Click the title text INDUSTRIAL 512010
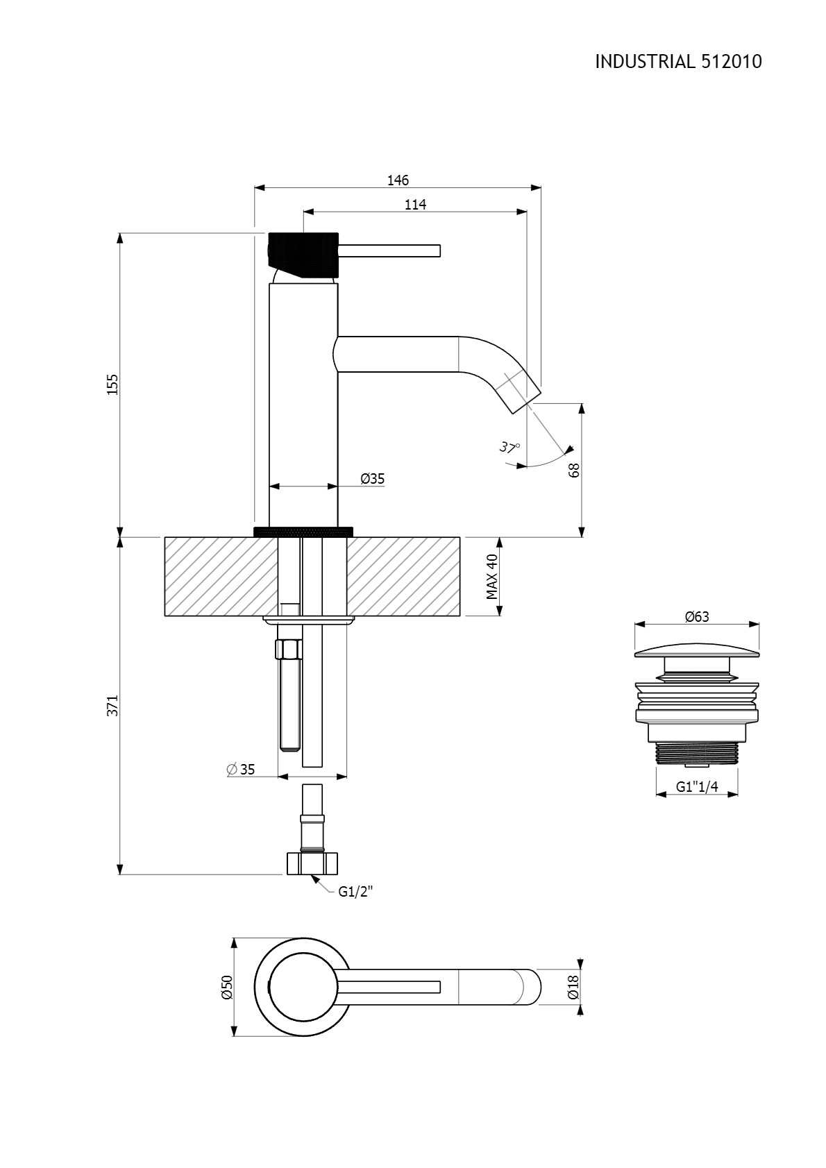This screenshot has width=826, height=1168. click(x=678, y=62)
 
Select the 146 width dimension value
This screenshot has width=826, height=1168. click(x=398, y=180)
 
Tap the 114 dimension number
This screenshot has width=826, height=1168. click(x=416, y=205)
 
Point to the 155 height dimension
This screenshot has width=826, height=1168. click(x=112, y=384)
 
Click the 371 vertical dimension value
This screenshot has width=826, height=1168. click(x=112, y=706)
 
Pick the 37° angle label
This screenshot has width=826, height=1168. click(x=509, y=447)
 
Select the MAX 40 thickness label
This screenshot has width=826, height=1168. click(x=492, y=576)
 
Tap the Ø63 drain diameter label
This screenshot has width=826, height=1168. click(x=697, y=616)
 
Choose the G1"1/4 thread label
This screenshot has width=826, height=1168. click(x=697, y=786)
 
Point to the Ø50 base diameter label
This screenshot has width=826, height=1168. click(x=227, y=987)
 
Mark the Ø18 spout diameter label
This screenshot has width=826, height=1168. click(x=573, y=987)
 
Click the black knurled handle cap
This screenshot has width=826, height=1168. click(x=303, y=254)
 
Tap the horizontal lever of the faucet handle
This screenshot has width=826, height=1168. click(x=389, y=251)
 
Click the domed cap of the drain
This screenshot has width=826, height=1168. click(x=697, y=652)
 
